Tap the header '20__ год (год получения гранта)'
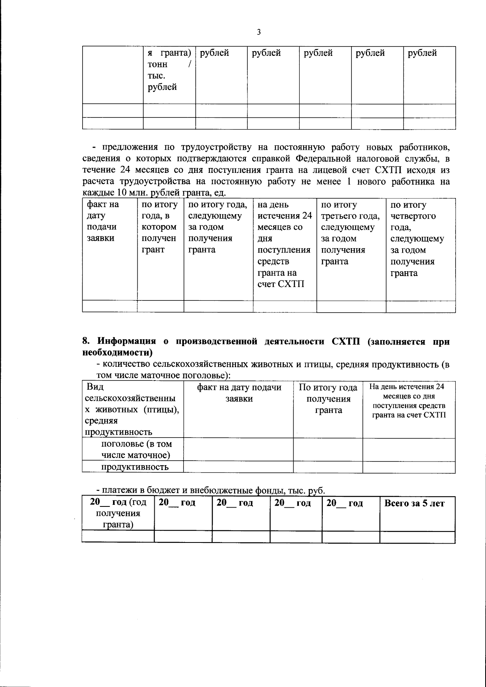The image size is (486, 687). pyautogui.click(x=118, y=514)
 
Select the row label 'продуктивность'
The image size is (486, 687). pyautogui.click(x=135, y=467)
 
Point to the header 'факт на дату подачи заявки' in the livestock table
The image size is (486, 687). pyautogui.click(x=239, y=393)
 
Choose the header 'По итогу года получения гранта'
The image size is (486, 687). pyautogui.click(x=328, y=399)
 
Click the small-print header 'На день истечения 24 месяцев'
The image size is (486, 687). pyautogui.click(x=409, y=401)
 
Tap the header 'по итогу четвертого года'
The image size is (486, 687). pyautogui.click(x=417, y=239)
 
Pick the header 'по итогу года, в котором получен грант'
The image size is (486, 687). pyautogui.click(x=160, y=227)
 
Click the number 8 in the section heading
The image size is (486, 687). pyautogui.click(x=85, y=341)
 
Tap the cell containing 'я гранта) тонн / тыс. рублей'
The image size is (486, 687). pyautogui.click(x=169, y=70)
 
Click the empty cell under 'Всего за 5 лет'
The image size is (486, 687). pyautogui.click(x=417, y=537)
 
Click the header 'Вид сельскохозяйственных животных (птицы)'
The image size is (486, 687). pyautogui.click(x=132, y=409)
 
